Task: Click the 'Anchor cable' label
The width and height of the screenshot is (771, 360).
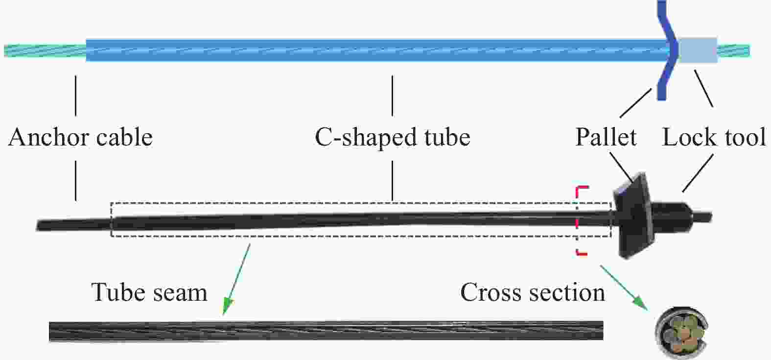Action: [x=80, y=138]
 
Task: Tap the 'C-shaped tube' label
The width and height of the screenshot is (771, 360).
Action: [x=393, y=138]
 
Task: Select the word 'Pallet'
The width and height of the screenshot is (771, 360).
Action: [x=606, y=138]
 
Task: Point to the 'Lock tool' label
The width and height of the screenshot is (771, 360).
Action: [x=714, y=138]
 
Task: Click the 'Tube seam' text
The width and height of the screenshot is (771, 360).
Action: [x=149, y=292]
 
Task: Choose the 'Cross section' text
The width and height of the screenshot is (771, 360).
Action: [x=533, y=292]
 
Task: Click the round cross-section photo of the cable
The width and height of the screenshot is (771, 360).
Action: [x=682, y=333]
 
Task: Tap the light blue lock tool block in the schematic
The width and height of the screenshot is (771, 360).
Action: [x=698, y=50]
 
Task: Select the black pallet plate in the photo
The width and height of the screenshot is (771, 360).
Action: [x=632, y=216]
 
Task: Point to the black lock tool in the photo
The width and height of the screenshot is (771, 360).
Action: [x=670, y=217]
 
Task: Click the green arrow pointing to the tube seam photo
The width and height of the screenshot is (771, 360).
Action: [x=236, y=279]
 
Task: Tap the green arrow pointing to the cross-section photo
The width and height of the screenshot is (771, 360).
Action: [x=624, y=288]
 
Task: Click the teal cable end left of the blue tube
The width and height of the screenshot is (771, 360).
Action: [x=45, y=50]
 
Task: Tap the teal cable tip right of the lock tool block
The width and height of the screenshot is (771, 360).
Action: [x=734, y=50]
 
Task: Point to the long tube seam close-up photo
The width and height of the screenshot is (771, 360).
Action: [x=326, y=331]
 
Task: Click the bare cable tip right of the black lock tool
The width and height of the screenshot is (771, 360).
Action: [x=701, y=217]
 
